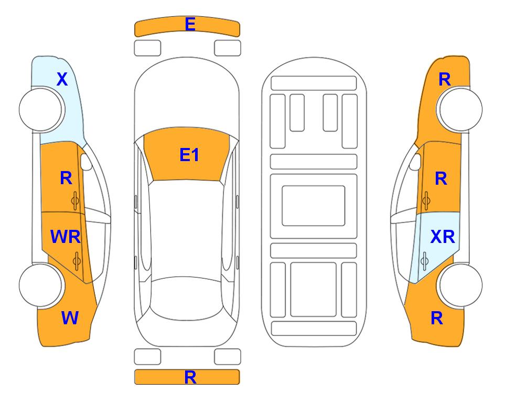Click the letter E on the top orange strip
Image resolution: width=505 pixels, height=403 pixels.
click(190, 24)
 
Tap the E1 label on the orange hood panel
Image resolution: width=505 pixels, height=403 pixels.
click(189, 155)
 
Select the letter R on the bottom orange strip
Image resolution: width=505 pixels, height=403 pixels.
click(190, 377)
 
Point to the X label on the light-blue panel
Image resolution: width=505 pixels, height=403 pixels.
click(62, 79)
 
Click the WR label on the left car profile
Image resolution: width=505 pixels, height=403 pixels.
click(66, 237)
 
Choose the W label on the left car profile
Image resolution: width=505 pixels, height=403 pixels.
click(70, 318)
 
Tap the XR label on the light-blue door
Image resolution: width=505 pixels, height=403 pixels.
click(443, 237)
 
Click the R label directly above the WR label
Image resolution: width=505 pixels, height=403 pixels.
click(66, 178)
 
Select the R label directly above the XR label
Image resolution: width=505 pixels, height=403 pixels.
click(441, 178)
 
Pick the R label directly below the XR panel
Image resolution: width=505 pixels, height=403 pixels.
click(437, 318)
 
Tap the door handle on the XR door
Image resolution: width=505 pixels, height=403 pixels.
click(424, 260)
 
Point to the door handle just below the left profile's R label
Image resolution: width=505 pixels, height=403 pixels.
click(75, 200)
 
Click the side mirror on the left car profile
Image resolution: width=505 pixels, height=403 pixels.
click(86, 162)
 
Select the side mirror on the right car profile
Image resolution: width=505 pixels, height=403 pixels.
click(415, 162)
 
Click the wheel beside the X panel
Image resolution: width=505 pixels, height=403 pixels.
click(40, 110)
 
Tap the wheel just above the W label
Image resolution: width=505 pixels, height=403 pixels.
click(40, 285)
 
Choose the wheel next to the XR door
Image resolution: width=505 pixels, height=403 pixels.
click(460, 285)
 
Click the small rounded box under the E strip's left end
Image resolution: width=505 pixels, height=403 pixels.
click(147, 48)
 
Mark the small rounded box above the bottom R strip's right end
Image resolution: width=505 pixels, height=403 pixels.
click(228, 357)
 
